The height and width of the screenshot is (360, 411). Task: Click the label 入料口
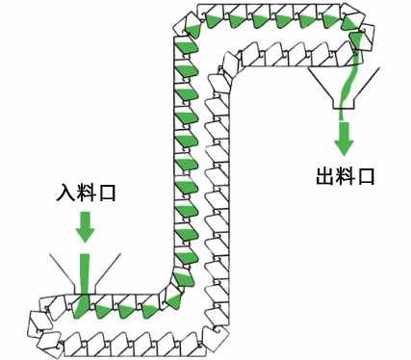click(x=86, y=193)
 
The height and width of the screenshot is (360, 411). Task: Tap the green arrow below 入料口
click(x=86, y=226)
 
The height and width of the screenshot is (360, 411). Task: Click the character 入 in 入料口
click(x=65, y=193)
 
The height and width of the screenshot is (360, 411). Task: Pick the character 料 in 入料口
click(x=86, y=193)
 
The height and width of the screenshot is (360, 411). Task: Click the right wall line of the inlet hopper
click(x=110, y=269)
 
